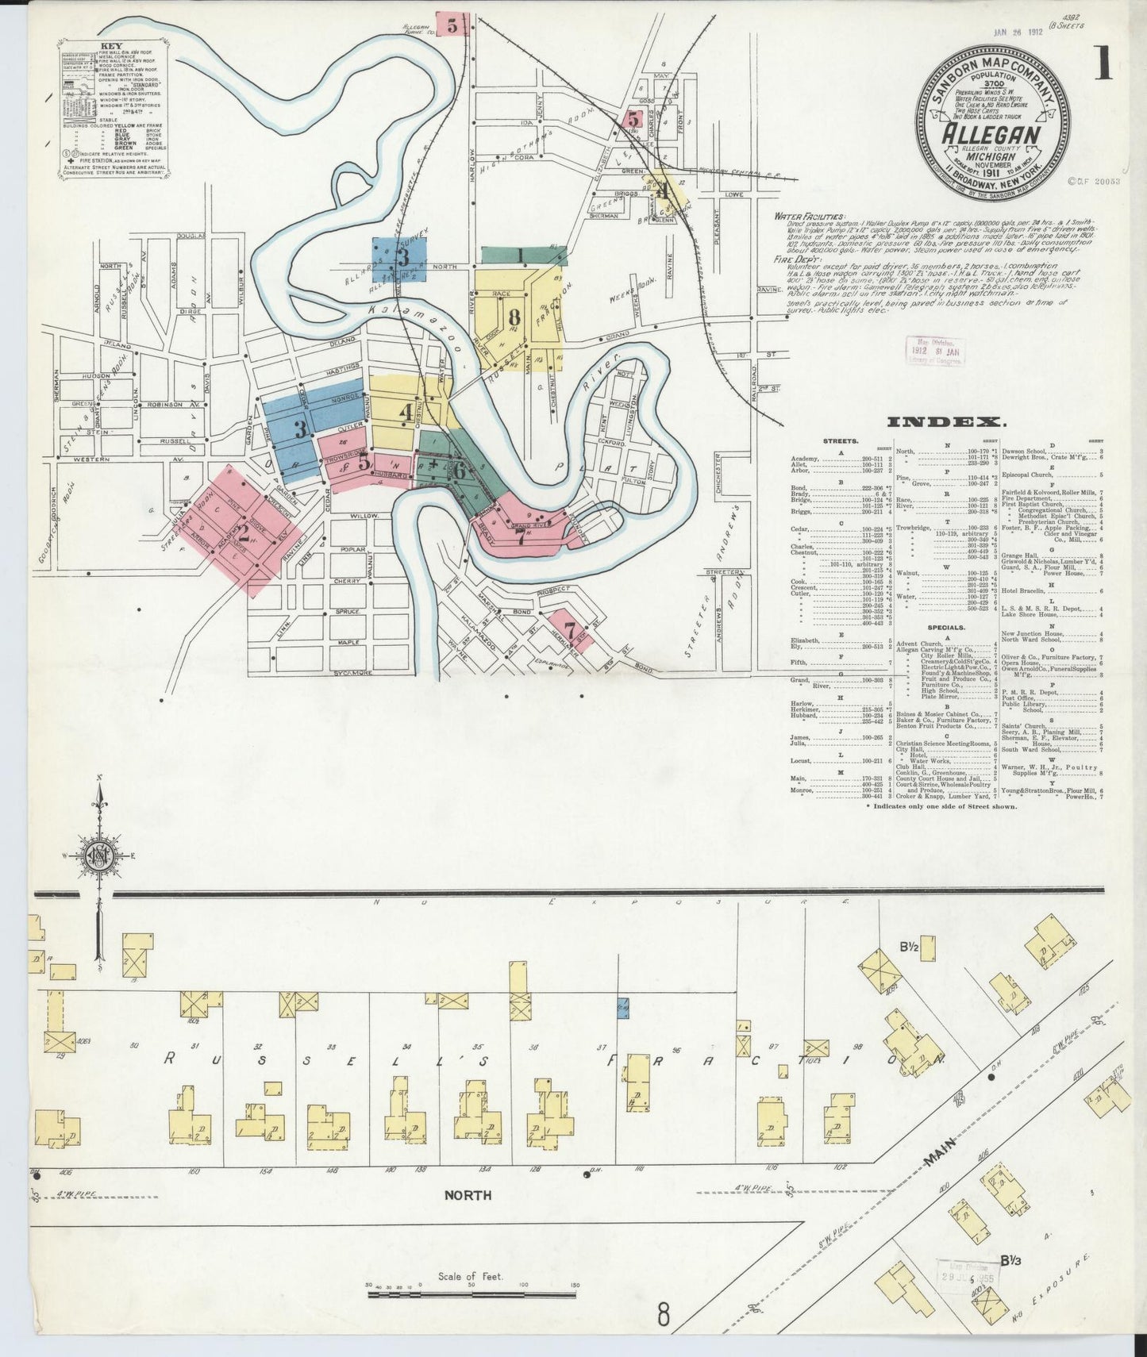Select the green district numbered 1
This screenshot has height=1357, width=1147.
(520, 255)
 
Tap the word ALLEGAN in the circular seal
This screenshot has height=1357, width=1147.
(991, 134)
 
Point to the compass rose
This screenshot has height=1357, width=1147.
(100, 855)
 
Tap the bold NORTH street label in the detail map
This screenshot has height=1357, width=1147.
(467, 1195)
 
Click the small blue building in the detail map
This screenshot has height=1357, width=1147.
(623, 1008)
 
